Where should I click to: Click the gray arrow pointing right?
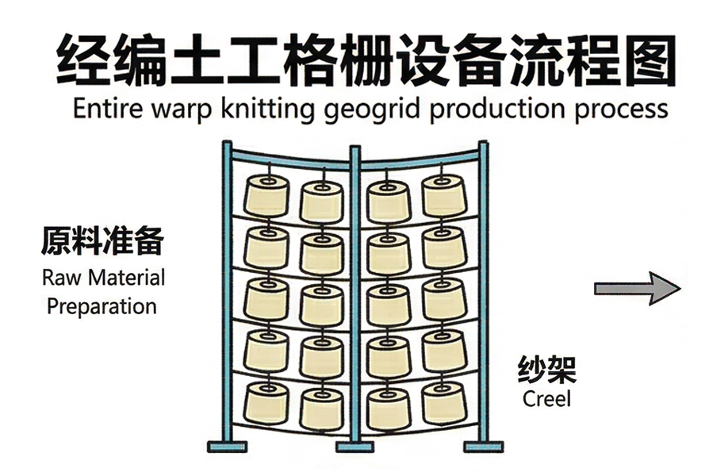pos(637,288)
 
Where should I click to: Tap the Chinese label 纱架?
pos(546,369)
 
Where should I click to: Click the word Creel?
pos(546,398)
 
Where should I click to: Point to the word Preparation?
pos(102,306)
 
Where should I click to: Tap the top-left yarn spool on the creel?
pos(266,196)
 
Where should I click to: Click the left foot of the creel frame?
pos(227,446)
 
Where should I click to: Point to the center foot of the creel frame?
pos(354,446)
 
